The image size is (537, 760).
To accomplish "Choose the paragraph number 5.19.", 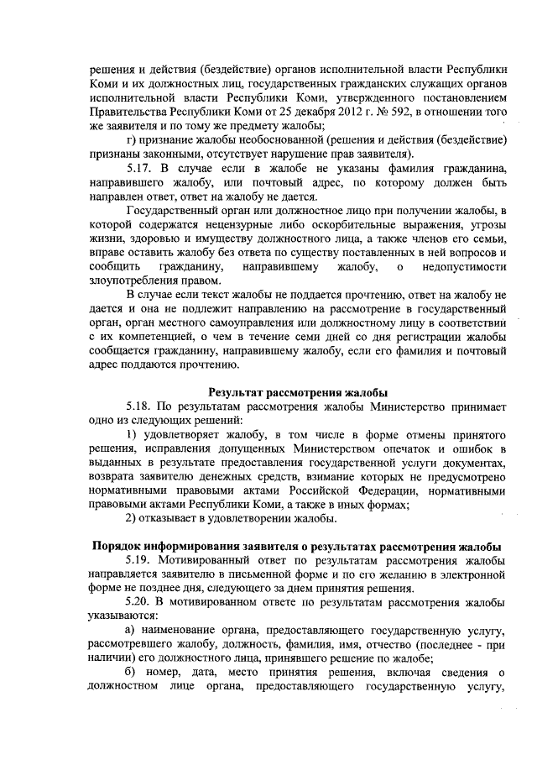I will [x=139, y=560].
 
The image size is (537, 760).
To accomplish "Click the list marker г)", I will [x=130, y=140].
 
